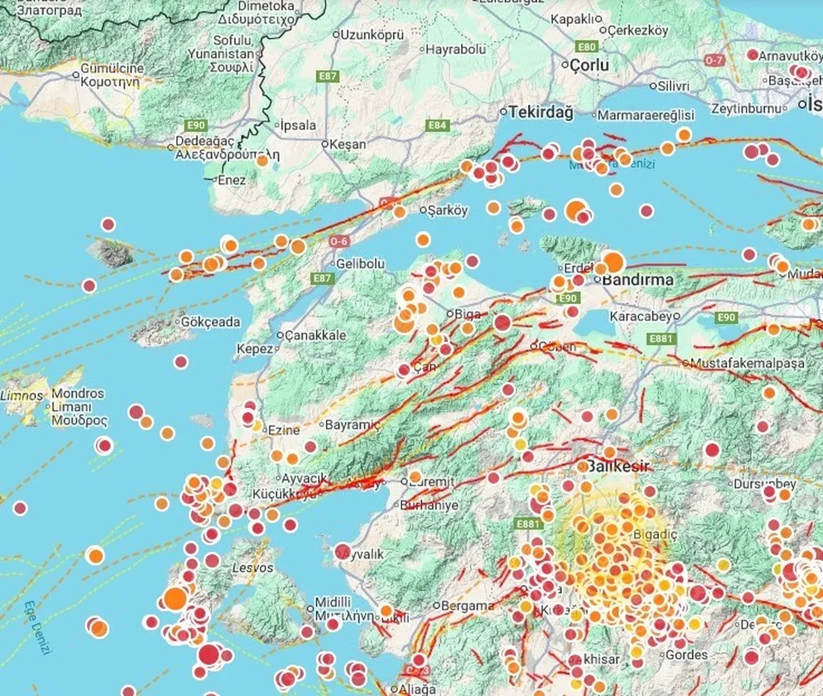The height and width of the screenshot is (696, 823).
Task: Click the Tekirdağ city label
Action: coord(541,113)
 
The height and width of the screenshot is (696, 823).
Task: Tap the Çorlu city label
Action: coord(589,65)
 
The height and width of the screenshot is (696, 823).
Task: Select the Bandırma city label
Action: coord(637,280)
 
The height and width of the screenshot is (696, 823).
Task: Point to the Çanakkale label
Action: coord(315,335)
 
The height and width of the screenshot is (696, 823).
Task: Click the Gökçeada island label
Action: coord(210,322)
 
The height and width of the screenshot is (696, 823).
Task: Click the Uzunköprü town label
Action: coord(372,35)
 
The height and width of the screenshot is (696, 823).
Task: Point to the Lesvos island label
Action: coord(253,568)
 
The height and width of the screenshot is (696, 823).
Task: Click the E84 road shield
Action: coord(437,125)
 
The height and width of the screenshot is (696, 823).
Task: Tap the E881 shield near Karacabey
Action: coord(661,339)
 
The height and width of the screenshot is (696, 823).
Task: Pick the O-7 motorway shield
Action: coord(714,60)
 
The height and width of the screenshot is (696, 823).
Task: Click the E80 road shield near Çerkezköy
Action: coord(587,47)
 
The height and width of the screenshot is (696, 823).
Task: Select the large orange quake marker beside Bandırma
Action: coord(613,262)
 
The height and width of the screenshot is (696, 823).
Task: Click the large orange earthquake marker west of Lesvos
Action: coord(174,599)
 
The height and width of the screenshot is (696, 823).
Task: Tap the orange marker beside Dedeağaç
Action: coord(262,161)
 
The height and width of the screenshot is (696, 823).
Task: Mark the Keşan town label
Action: coord(347,144)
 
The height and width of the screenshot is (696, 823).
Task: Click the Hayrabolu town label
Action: coord(456,49)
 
